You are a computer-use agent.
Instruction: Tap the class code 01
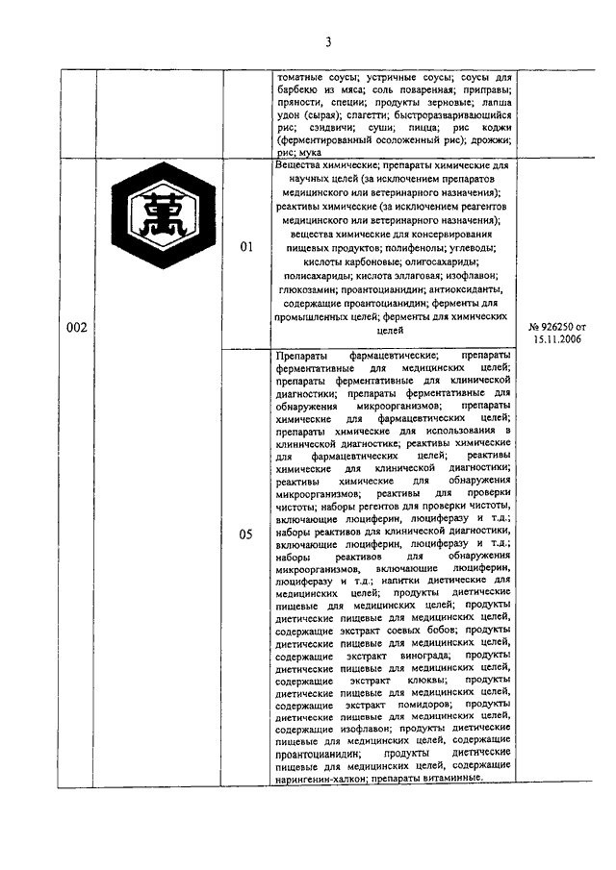[x=245, y=247]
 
